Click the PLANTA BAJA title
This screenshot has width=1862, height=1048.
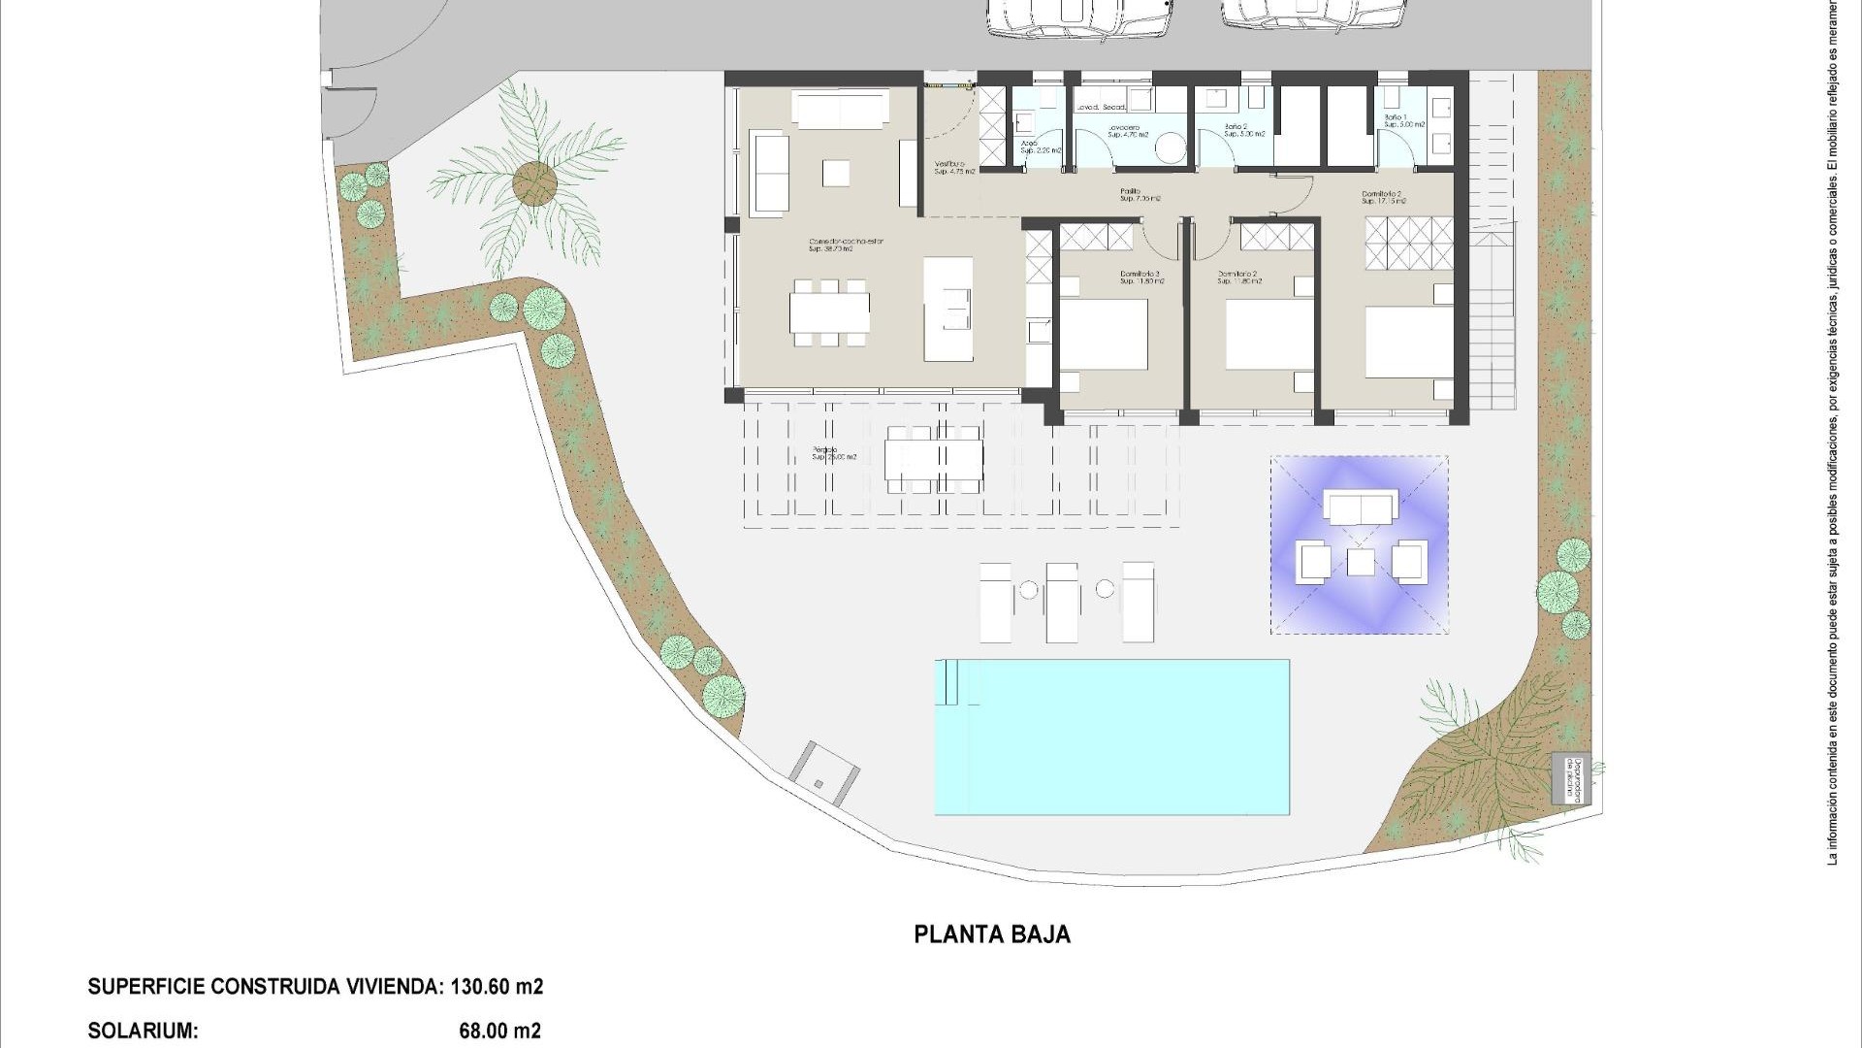[992, 934]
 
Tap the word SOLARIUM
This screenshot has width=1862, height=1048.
[144, 1031]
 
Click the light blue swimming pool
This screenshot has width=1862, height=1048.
[1111, 737]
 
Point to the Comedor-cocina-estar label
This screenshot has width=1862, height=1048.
[847, 244]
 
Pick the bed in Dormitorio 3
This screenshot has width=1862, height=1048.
[1103, 335]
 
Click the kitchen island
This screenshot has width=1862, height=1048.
[947, 309]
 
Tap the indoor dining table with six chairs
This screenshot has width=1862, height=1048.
[829, 312]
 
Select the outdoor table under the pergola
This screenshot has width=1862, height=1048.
[934, 459]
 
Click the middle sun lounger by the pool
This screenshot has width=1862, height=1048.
[1062, 602]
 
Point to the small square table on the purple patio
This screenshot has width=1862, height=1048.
[1362, 562]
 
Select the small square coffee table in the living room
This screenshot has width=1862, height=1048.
[836, 173]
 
